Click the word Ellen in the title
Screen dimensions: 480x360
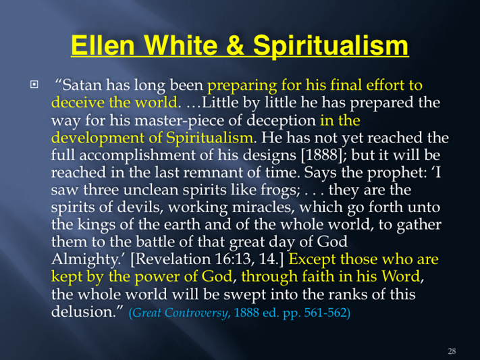103,45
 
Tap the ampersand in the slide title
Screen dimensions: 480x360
235,45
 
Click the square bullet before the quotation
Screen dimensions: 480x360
34,84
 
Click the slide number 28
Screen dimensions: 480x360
452,351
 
